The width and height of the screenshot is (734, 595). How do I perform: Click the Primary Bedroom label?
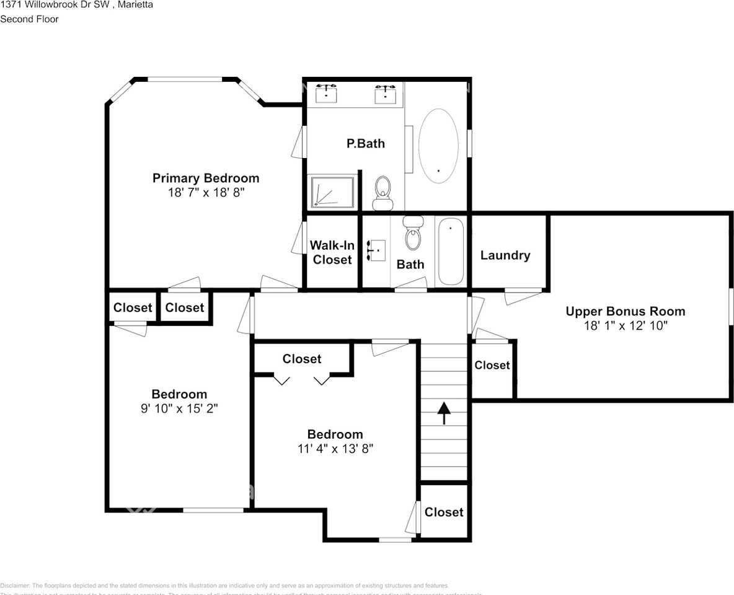[x=206, y=178]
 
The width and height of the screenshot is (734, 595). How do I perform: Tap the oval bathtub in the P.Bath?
[x=439, y=146]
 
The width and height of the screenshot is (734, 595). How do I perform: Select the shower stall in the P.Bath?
[x=333, y=192]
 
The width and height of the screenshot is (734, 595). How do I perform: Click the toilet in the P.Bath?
[x=382, y=192]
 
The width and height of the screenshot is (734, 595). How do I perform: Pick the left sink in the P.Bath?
[x=326, y=94]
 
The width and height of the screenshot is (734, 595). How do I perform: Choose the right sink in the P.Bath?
[x=385, y=94]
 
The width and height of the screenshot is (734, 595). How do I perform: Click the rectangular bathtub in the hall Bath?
[x=451, y=252]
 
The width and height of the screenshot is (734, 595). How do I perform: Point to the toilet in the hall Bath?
[x=412, y=233]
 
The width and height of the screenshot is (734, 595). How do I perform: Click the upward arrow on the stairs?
[x=444, y=413]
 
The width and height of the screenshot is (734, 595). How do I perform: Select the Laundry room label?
[x=505, y=255]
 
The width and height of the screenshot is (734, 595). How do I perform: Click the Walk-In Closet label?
[x=332, y=253]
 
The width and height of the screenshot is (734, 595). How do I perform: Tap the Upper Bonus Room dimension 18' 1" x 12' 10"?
[x=626, y=325]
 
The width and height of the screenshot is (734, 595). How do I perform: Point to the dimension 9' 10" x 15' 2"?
[x=179, y=408]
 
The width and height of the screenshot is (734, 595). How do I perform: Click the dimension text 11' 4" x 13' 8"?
[x=335, y=449]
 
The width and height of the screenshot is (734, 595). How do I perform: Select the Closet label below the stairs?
[x=444, y=512]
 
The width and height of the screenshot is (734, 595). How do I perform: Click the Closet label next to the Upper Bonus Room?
[x=492, y=366]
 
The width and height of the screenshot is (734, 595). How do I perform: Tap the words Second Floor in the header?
[x=29, y=19]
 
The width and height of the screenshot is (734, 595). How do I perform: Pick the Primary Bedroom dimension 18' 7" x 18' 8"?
[x=206, y=193]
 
